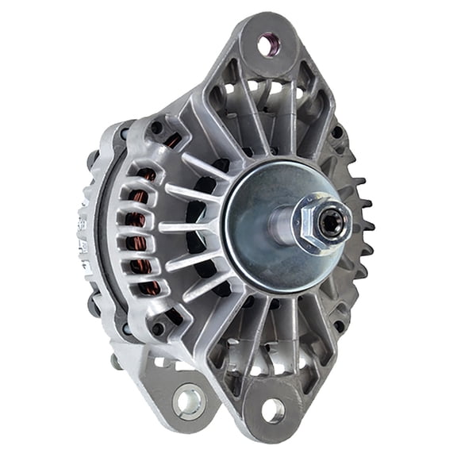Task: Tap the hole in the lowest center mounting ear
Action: click(271, 410)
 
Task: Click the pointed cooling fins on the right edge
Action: click(363, 226)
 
